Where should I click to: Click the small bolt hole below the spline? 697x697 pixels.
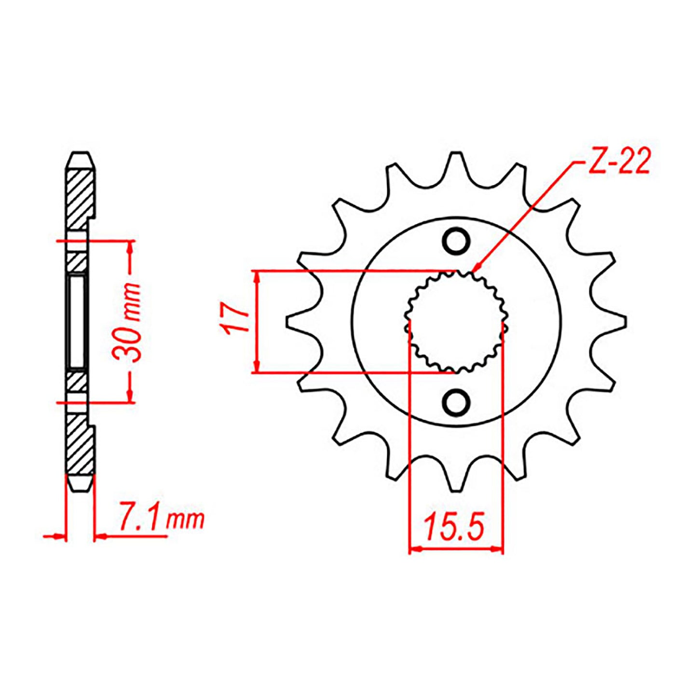click(x=456, y=401)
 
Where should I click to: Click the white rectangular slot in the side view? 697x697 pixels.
click(x=77, y=321)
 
